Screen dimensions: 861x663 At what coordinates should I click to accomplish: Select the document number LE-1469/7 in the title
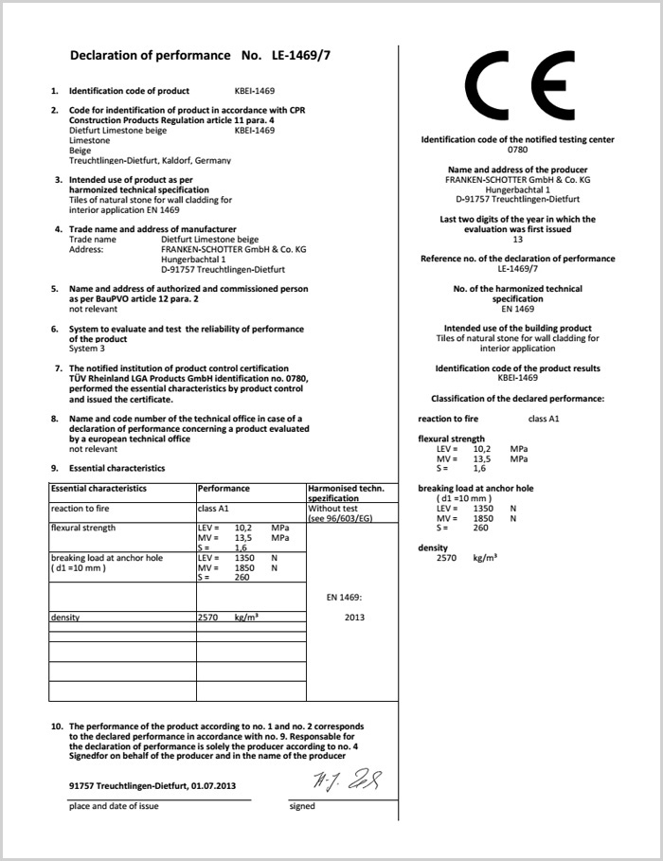pos(299,55)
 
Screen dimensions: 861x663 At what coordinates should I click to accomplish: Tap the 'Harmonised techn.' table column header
pos(346,489)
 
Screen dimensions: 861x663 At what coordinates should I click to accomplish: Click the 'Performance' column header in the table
pos(224,489)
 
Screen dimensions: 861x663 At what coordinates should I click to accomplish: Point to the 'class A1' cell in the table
pos(213,509)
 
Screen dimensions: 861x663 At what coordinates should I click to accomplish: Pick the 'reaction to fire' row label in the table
pos(85,509)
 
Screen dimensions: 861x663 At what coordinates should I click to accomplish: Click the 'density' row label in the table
pos(65,618)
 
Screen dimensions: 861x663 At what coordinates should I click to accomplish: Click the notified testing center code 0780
pos(517,150)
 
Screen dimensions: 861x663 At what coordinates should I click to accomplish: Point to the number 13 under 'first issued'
pos(517,240)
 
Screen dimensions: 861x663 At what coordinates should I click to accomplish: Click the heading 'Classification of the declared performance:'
pos(517,399)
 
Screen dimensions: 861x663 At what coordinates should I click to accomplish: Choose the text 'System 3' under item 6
pos(87,349)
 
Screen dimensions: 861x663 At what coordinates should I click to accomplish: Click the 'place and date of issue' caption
pos(114,806)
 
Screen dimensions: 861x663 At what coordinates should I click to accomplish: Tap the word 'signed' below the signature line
pos(302,806)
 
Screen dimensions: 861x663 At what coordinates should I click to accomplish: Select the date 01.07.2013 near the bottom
pos(212,785)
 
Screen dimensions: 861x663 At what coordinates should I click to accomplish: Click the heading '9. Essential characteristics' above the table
pos(107,468)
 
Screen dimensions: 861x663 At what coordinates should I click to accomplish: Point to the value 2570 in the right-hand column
pos(446,558)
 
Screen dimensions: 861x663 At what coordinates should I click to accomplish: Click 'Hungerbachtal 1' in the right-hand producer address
pos(517,189)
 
